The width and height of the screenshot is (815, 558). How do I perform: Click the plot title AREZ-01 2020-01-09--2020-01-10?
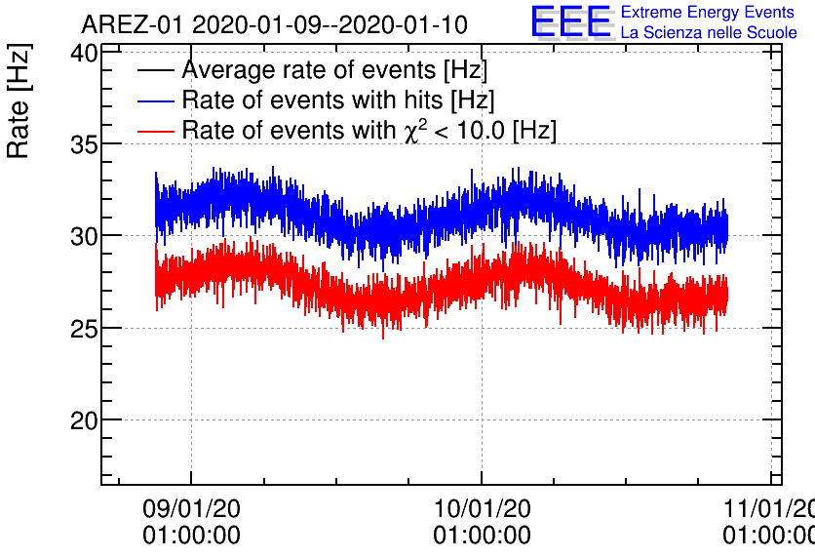click(274, 24)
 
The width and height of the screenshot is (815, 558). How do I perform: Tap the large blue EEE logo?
click(571, 22)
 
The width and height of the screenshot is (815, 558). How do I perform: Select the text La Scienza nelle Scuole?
click(709, 33)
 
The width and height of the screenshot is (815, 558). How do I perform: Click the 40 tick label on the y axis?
click(84, 53)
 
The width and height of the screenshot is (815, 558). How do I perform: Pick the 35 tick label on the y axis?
click(84, 144)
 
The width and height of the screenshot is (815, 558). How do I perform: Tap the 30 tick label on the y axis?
click(84, 236)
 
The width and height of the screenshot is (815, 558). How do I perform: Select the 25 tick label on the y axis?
click(84, 328)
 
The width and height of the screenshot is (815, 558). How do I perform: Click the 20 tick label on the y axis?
click(84, 420)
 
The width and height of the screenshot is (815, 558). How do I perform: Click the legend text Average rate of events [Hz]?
click(334, 70)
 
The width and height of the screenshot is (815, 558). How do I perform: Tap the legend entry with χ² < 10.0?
click(369, 131)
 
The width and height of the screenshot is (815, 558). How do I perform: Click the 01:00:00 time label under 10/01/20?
click(482, 536)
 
